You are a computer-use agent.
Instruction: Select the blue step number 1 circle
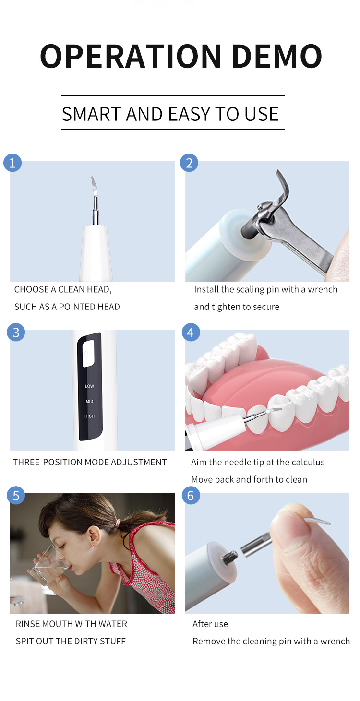pos(12,163)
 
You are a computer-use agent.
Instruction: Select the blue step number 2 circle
pos(189,163)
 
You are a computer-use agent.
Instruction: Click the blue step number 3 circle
pos(16,333)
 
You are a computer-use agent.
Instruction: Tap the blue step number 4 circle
pos(191,333)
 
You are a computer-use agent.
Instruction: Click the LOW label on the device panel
pos(90,386)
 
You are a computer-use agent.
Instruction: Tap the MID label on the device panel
pos(90,401)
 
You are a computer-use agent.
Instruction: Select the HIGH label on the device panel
pos(90,416)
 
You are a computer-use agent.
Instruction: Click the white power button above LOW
pos(88,354)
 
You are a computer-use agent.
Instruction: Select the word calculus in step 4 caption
pos(304,462)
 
